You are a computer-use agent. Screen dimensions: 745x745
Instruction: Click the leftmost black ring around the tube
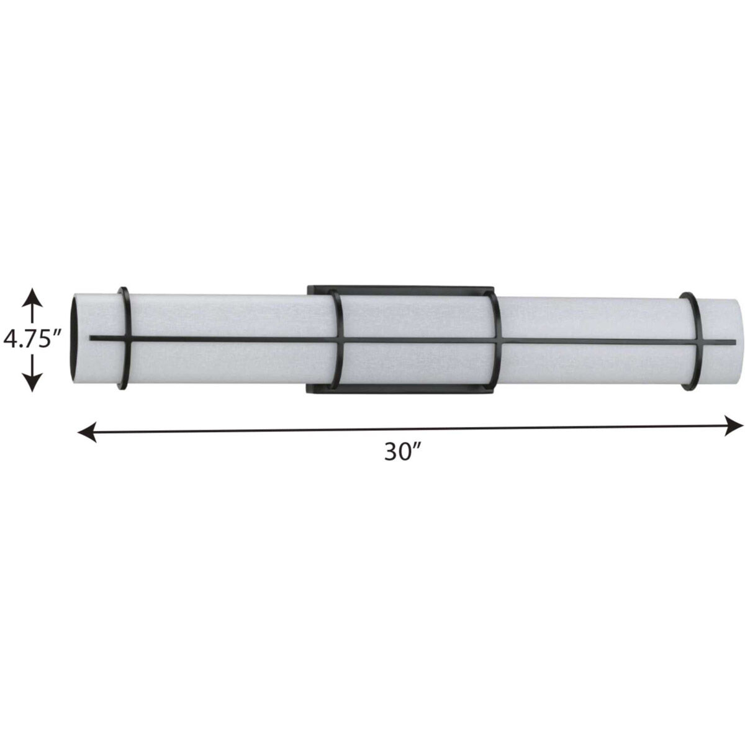(125, 310)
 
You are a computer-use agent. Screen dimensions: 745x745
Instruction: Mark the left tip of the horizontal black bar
(92, 338)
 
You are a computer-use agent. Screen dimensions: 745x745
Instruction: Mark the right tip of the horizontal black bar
(734, 341)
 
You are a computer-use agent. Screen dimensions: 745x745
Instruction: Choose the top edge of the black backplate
(400, 288)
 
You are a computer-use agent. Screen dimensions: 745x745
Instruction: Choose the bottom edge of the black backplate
(400, 392)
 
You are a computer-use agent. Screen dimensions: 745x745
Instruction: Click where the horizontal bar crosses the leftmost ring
(128, 339)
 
